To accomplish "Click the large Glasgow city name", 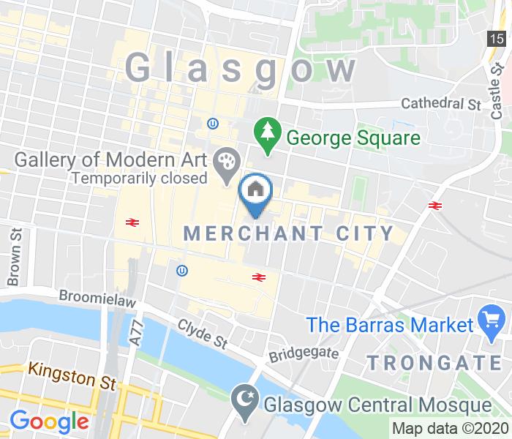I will click(x=241, y=68).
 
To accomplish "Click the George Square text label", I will click(x=353, y=138).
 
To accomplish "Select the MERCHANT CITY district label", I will click(x=289, y=233).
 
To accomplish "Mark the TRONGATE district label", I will click(x=435, y=361).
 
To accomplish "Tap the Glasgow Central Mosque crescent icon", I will click(x=242, y=401).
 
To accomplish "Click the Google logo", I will click(x=49, y=421).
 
